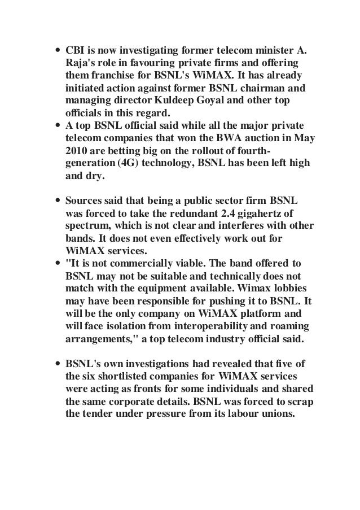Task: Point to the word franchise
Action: pyautogui.click(x=111, y=75)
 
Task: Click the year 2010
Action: pyautogui.click(x=76, y=153)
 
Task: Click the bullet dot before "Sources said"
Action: pyautogui.click(x=58, y=201)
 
